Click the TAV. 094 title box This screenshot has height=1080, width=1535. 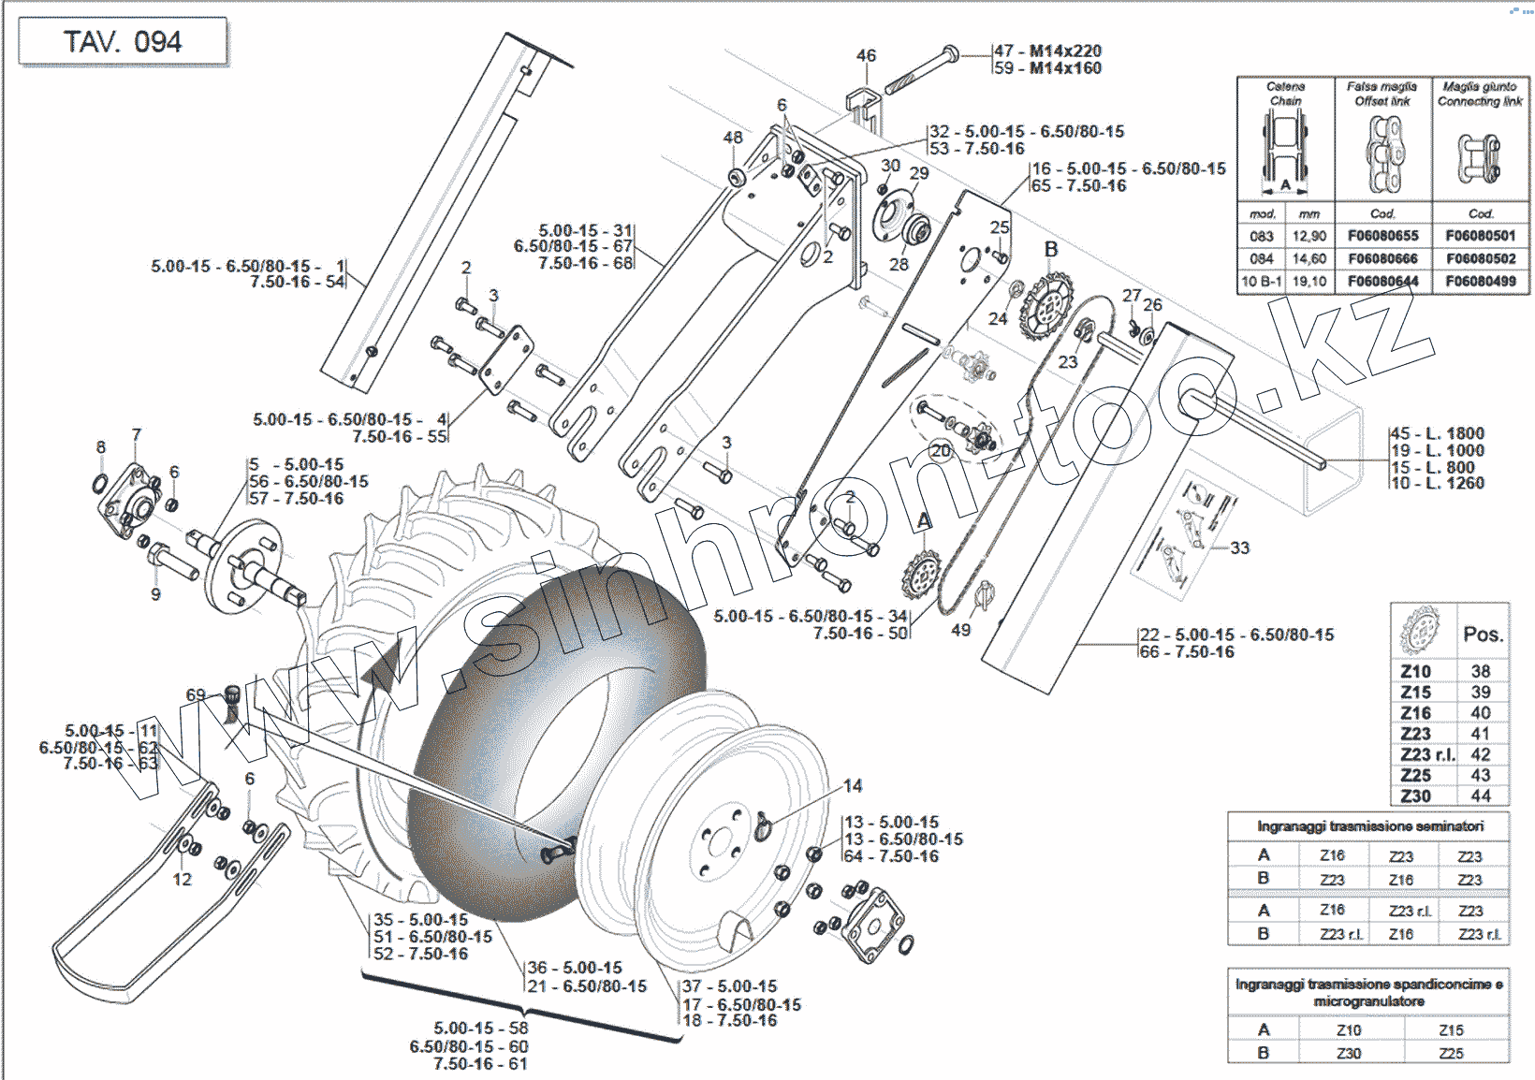(x=123, y=42)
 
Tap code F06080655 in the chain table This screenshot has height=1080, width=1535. (x=1382, y=236)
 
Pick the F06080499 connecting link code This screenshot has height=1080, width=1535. (x=1480, y=281)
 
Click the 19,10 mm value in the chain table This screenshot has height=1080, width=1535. (x=1309, y=281)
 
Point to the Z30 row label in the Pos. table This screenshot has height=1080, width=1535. (x=1415, y=796)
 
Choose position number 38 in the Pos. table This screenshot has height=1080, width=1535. (x=1480, y=671)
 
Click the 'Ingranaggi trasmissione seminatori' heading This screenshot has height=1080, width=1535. (x=1369, y=826)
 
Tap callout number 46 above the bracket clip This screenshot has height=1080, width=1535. (x=866, y=56)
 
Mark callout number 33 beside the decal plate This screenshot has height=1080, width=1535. (x=1239, y=547)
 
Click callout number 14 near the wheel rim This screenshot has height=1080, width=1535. (x=853, y=786)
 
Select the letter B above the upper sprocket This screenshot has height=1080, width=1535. (x=1051, y=249)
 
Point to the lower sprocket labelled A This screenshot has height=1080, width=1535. (x=921, y=573)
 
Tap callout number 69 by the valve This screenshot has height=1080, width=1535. (x=195, y=694)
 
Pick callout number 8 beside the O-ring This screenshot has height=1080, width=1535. (x=101, y=447)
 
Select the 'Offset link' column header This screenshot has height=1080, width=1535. (x=1382, y=101)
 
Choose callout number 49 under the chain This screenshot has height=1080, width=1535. (x=960, y=630)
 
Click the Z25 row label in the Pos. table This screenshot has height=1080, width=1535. (x=1415, y=775)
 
